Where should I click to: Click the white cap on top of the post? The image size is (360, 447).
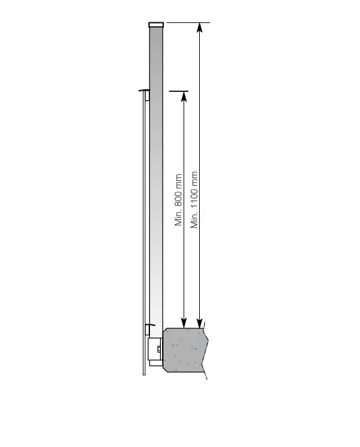coord(156,25)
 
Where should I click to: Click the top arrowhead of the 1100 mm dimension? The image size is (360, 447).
coord(200,27)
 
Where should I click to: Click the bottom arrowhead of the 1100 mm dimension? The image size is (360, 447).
coord(200,322)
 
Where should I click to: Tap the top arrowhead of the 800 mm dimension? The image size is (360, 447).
coord(184,96)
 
